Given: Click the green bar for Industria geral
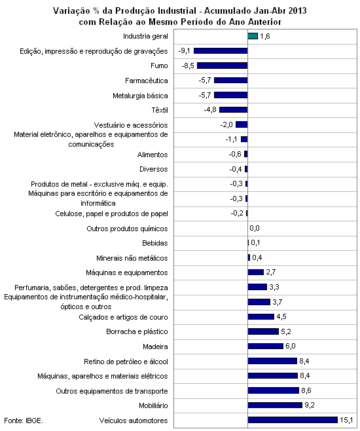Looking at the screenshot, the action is [x=253, y=36].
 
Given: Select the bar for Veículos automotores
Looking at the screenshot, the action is [x=293, y=420].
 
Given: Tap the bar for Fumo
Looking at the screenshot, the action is [x=223, y=66].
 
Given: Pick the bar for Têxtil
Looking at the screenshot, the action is [x=234, y=109].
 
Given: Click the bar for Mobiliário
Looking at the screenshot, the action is [x=275, y=405].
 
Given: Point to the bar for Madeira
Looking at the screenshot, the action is [x=265, y=346].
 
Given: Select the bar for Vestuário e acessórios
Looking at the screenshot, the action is [x=242, y=124].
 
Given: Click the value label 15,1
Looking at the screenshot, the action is [x=346, y=420].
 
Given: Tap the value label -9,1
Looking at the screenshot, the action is [x=184, y=51].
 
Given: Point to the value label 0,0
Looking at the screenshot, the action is [x=255, y=228].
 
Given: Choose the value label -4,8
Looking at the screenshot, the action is [x=210, y=109].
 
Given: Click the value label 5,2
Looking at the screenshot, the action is [x=286, y=331].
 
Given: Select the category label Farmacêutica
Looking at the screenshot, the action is [x=147, y=81].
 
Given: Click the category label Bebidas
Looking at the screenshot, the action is [x=155, y=243].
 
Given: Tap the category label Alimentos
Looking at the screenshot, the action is [x=153, y=155].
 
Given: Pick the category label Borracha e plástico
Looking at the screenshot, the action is [x=137, y=331].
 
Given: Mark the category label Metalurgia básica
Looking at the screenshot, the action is [x=140, y=96].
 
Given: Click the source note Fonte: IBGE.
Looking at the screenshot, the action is [x=24, y=421].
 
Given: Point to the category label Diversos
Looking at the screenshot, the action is [x=154, y=169].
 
